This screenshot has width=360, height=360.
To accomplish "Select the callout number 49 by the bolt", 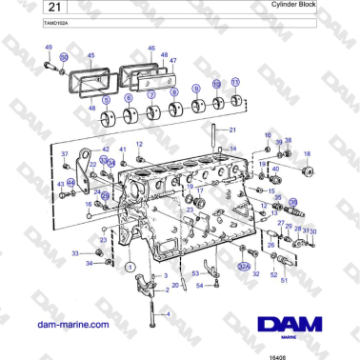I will point(49,48).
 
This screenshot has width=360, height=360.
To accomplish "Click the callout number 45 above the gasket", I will point(91,55).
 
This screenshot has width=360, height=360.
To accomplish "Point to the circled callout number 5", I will point(105,98).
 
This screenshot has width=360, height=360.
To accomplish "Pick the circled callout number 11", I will point(236,83).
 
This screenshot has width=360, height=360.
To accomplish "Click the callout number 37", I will point(65,154).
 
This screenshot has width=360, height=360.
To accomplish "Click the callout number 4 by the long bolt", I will point(168,313).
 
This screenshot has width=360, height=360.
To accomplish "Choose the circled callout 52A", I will point(243,268).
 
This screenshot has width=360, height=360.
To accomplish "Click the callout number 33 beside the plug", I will point(75,252).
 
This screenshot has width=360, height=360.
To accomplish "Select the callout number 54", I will point(199,284).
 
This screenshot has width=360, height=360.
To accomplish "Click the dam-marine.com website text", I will point(71,325).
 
